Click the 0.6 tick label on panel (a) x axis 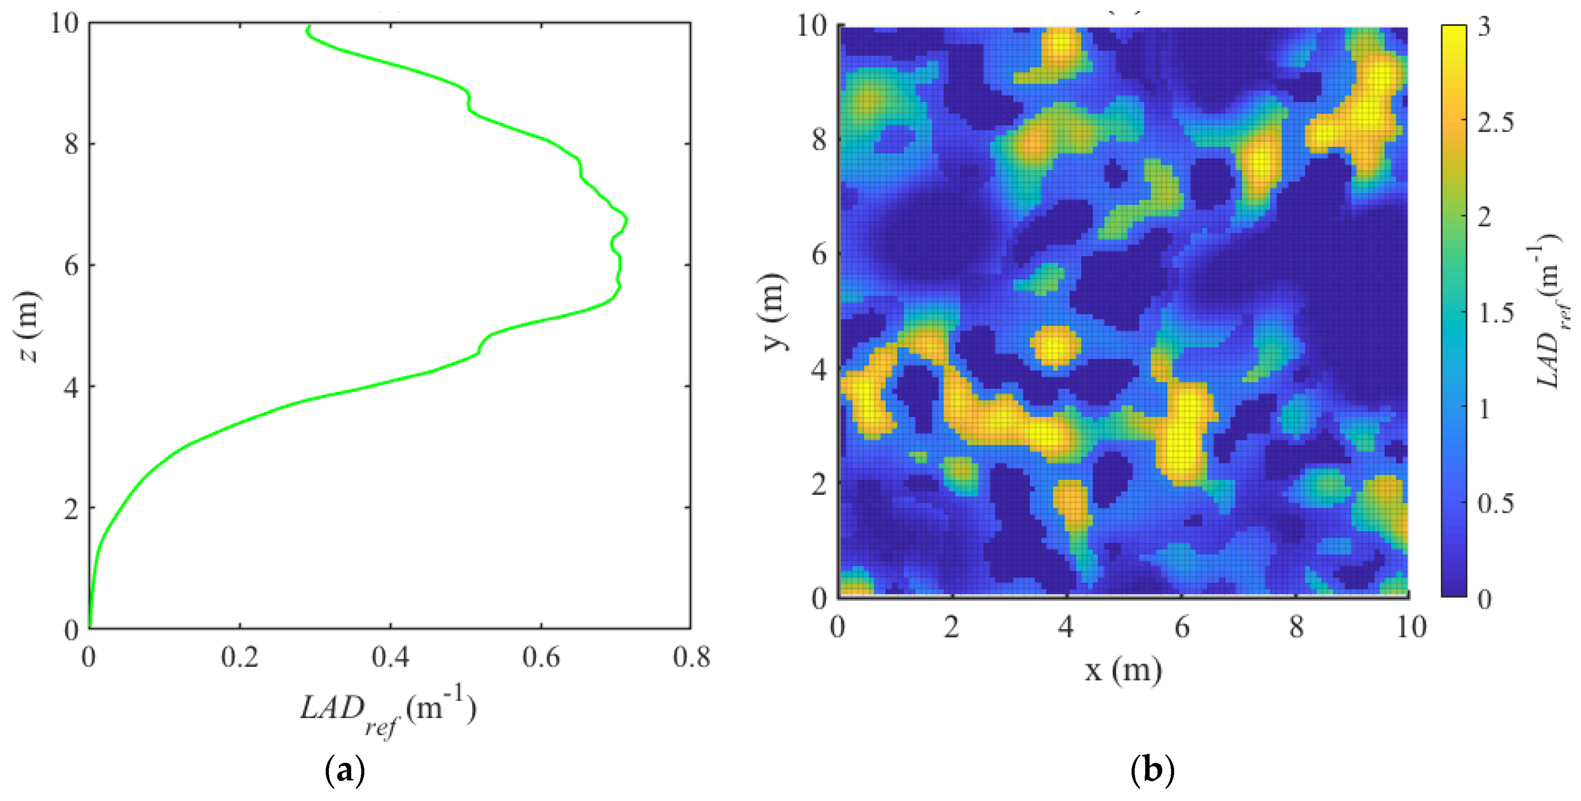[x=541, y=657]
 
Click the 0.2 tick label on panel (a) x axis [x=239, y=657]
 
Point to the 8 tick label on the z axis [x=72, y=144]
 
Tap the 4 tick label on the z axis [x=72, y=387]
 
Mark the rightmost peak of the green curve [x=627, y=219]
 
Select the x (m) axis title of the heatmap [x=1123, y=669]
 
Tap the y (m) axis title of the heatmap [x=773, y=312]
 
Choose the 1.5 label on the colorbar [x=1495, y=313]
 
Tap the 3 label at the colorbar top [x=1484, y=26]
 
